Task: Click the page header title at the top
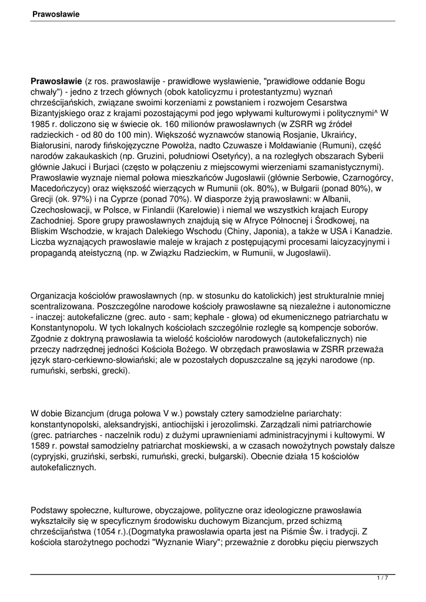[x=56, y=13]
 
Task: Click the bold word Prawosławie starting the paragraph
[x=56, y=81]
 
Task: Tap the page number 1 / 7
[x=382, y=578]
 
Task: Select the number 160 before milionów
[x=179, y=125]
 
